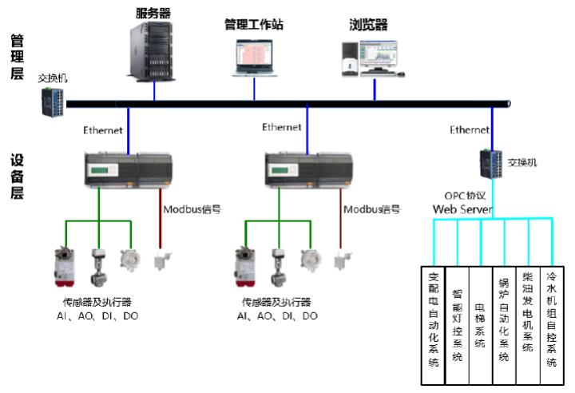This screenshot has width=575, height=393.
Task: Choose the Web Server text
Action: (463, 209)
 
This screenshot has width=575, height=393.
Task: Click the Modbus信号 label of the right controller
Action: (372, 209)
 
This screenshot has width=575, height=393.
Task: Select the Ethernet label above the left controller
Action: (103, 129)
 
